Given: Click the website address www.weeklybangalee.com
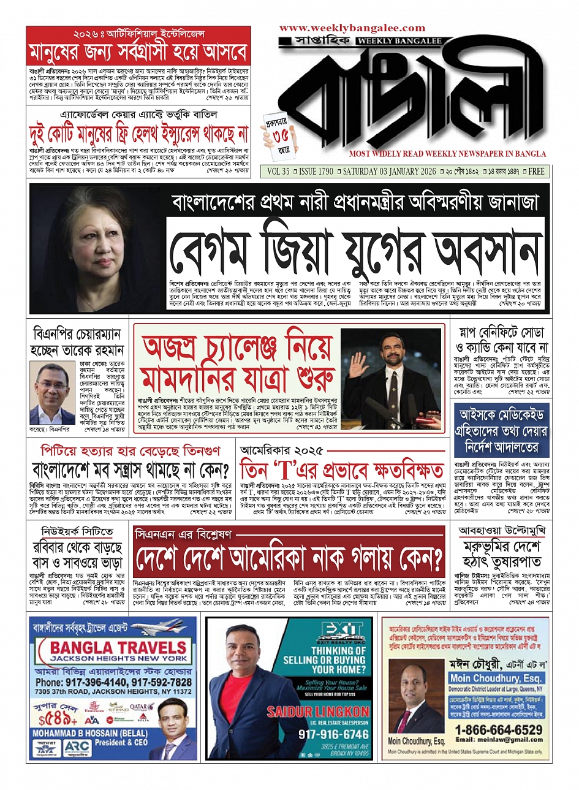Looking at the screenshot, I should click(x=352, y=28).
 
